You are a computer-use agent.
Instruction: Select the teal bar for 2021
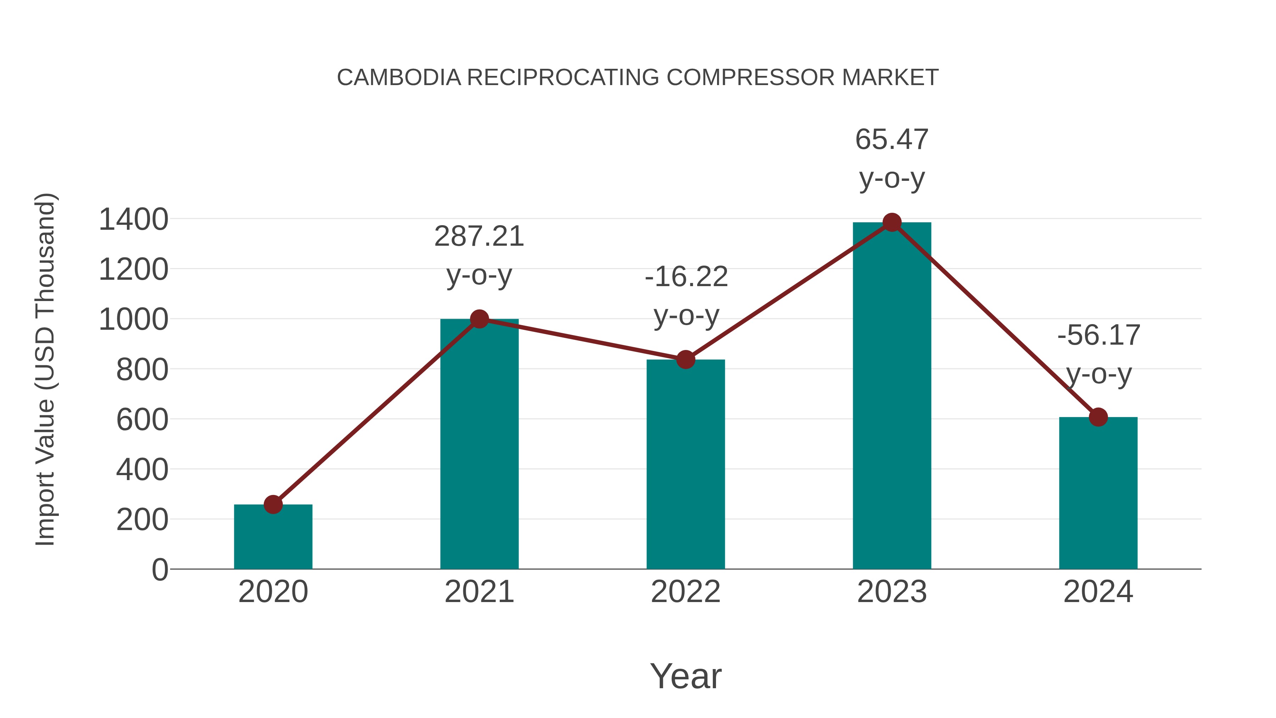[479, 446]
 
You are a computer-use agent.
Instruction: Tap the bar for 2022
[685, 466]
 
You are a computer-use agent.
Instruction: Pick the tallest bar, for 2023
[892, 396]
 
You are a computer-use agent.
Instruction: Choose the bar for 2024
[1098, 496]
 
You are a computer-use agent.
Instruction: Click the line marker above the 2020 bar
[273, 505]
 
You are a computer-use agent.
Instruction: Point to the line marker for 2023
[892, 222]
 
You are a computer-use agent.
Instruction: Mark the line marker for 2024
[1098, 417]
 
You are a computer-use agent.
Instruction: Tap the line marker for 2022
[685, 360]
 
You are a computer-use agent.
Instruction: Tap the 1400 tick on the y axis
[133, 219]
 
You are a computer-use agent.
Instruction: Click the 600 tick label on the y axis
[142, 420]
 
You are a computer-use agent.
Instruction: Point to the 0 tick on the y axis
[159, 570]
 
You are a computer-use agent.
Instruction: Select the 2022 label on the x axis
[685, 592]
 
